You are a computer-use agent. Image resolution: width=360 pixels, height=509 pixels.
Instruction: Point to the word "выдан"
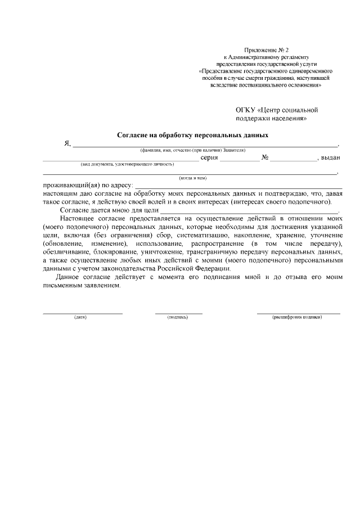[330, 158]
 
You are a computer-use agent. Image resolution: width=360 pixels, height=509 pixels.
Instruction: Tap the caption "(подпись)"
[178, 317]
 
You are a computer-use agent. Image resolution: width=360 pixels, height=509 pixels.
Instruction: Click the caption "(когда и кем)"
[192, 178]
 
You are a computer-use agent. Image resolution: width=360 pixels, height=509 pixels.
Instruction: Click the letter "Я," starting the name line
[67, 144]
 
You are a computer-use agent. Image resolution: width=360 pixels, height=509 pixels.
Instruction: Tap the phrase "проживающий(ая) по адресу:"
[87, 186]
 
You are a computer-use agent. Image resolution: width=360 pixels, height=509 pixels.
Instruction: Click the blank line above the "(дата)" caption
[83, 313]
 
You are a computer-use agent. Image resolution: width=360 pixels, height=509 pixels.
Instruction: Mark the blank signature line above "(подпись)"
[178, 313]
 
